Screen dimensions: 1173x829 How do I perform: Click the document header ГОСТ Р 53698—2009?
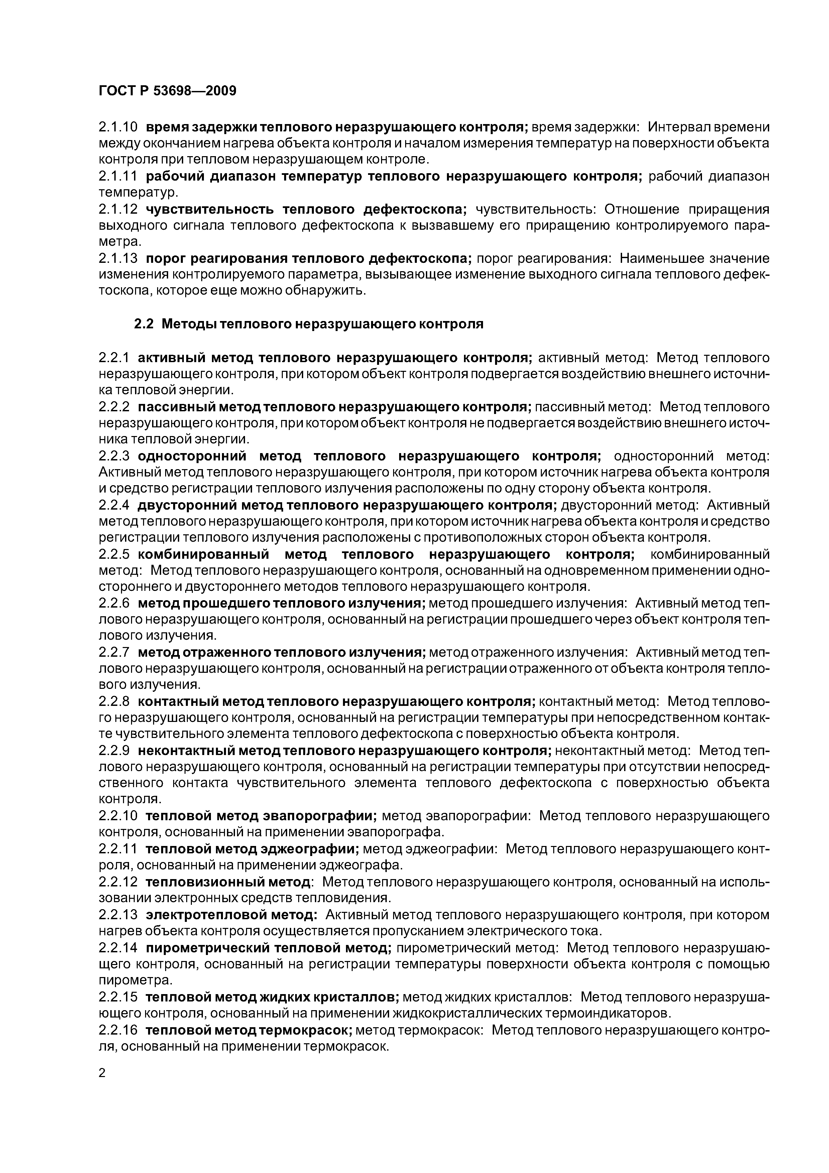pos(167,91)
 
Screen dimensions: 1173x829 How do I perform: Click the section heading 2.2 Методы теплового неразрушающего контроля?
pos(309,324)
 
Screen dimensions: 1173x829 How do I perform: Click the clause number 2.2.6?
pos(114,603)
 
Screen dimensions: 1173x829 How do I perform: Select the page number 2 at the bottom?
pos(102,1073)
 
